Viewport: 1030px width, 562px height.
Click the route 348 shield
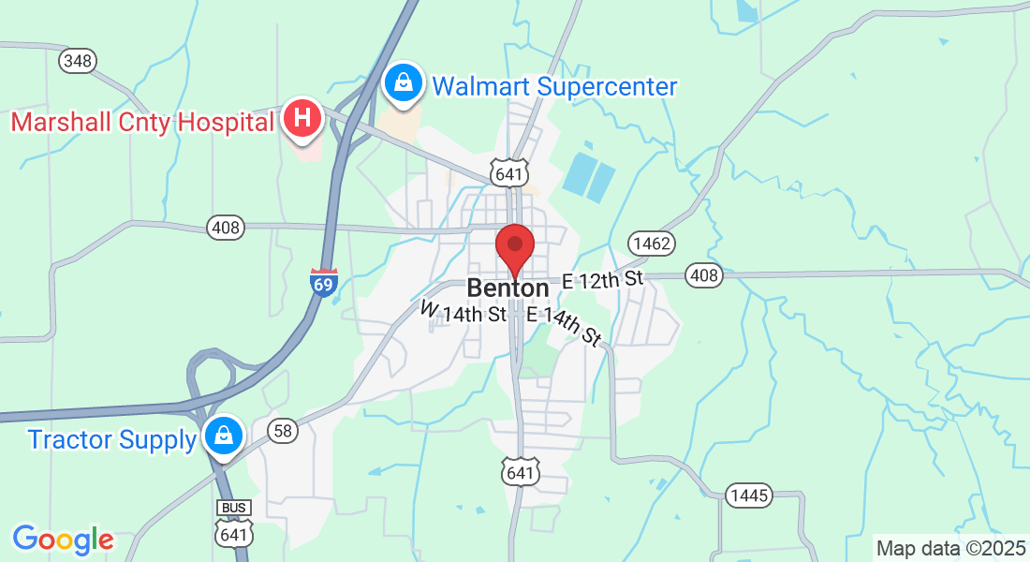point(78,61)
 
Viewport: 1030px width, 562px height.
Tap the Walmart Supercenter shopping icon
point(403,83)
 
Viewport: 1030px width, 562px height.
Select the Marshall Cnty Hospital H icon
point(302,119)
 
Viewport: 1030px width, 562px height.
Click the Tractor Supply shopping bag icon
point(225,435)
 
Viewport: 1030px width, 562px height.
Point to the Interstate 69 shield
point(323,282)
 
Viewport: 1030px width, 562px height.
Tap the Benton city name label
point(508,288)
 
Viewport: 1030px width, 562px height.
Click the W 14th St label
point(463,312)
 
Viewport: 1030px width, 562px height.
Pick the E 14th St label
point(564,325)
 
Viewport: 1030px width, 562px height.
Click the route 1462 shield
point(651,244)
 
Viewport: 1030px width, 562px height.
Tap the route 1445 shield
point(749,495)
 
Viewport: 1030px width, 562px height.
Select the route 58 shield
point(283,430)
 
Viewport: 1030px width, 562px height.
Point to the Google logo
point(63,540)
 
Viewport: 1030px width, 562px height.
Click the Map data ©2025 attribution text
point(950,548)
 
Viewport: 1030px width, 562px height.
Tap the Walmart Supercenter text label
point(554,87)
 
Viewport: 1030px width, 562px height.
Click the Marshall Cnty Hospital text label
point(142,122)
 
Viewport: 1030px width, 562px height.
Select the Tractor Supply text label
point(111,439)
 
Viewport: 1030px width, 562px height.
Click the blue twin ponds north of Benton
point(589,176)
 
